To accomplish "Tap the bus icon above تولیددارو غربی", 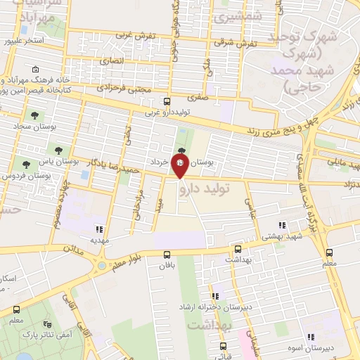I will [166, 101].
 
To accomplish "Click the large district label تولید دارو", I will [209, 188].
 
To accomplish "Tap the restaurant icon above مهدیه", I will [99, 229].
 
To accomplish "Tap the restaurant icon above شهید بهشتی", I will [282, 226].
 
